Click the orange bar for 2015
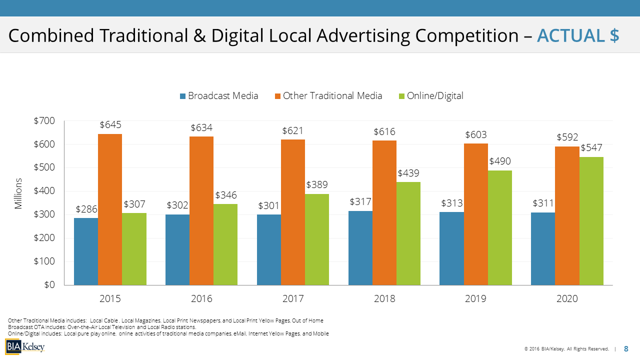[x=110, y=209]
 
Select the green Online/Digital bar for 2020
[x=591, y=221]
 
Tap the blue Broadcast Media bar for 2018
[x=360, y=248]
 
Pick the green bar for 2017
[x=317, y=239]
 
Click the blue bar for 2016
[x=177, y=250]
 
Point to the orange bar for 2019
[x=476, y=214]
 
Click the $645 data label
[x=110, y=125]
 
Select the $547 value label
[x=591, y=148]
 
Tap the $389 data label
[x=317, y=185]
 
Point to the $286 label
[x=86, y=209]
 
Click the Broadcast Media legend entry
[x=219, y=96]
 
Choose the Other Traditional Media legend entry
[x=328, y=96]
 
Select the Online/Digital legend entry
[x=430, y=96]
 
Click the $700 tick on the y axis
[x=44, y=120]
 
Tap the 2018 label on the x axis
[x=384, y=299]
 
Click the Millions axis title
[x=18, y=193]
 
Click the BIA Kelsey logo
[x=25, y=346]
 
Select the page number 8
[x=626, y=349]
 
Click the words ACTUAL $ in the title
[x=578, y=35]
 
